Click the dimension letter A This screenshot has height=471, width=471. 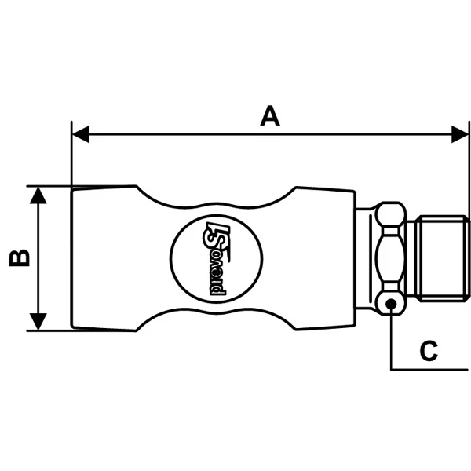[x=269, y=117]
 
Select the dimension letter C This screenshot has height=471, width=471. [x=428, y=350]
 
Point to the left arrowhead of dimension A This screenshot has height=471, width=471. [x=78, y=135]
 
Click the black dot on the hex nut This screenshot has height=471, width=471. [x=390, y=303]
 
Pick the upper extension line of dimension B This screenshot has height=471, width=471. [x=51, y=186]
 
